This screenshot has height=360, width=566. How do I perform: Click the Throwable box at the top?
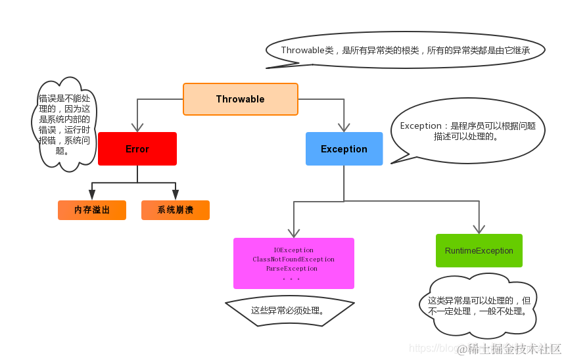[x=240, y=99]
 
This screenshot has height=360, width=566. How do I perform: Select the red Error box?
[x=137, y=149]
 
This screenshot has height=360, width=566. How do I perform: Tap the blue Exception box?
[x=344, y=149]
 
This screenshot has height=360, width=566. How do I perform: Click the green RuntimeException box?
[x=479, y=251]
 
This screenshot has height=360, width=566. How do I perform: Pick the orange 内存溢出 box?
[x=92, y=210]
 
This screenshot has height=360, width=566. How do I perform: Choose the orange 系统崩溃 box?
[x=175, y=210]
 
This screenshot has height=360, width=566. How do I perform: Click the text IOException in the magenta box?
[x=293, y=250]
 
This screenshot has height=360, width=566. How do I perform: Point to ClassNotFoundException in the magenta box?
[x=293, y=259]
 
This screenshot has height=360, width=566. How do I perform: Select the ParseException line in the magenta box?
[x=291, y=269]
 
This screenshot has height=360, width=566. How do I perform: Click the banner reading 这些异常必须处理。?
[x=289, y=310]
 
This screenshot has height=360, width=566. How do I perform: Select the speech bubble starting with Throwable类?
[x=405, y=51]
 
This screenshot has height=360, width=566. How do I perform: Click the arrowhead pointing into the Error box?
[x=137, y=127]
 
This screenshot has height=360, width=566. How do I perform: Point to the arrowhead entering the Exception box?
[x=343, y=127]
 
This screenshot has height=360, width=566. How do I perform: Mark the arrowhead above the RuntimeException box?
[x=479, y=228]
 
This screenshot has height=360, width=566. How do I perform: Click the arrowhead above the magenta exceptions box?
[x=294, y=232]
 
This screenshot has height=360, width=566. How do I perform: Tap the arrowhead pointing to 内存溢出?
[x=92, y=195]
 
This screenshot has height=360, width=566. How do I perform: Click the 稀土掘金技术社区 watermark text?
[x=510, y=349]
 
